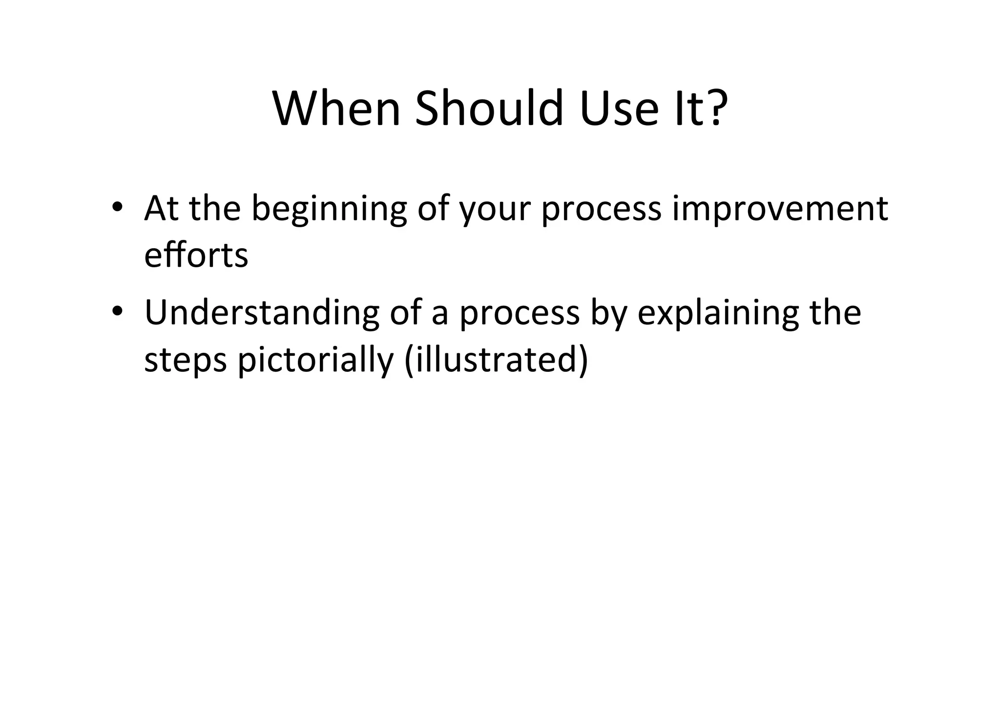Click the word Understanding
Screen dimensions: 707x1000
point(262,313)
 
